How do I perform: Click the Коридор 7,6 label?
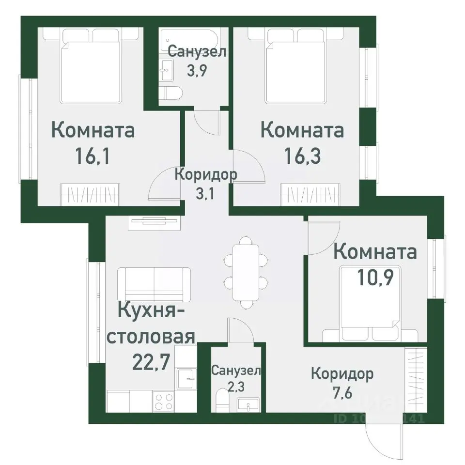tap(342, 383)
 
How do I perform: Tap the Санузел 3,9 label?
tap(197, 61)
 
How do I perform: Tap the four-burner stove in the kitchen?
tap(163, 402)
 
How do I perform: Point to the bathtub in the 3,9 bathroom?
tap(194, 39)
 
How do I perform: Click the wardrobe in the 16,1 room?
tap(89, 195)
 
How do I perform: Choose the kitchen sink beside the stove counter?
tap(185, 378)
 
